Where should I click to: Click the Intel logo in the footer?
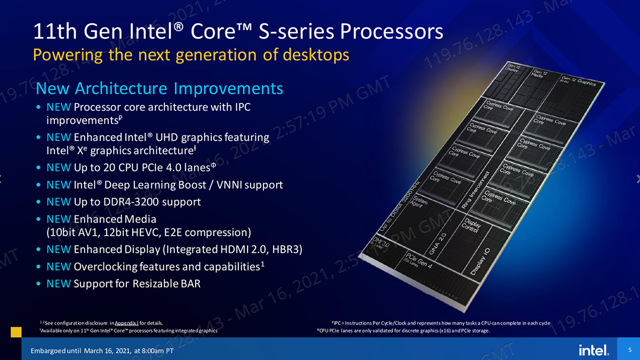tap(593, 350)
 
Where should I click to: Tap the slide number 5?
tap(630, 349)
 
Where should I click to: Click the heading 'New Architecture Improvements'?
tap(159, 88)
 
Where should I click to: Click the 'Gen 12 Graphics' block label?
tap(581, 81)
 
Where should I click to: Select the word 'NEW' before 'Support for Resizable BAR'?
tap(59, 284)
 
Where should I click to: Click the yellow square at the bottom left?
tap(16, 332)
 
